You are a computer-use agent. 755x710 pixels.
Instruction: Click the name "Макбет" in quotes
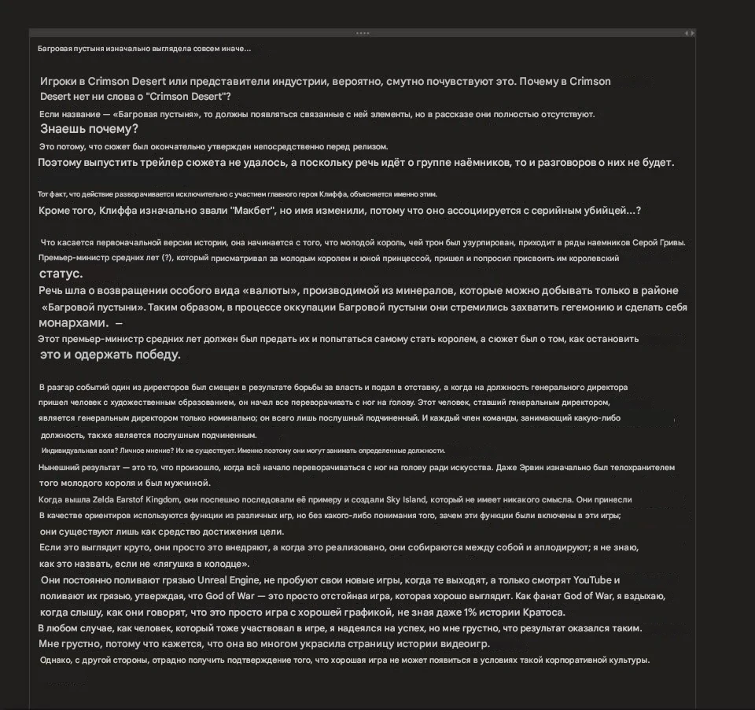(x=252, y=211)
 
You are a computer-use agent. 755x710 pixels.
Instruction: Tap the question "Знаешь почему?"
(x=89, y=130)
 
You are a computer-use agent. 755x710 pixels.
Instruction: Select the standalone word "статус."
(x=61, y=274)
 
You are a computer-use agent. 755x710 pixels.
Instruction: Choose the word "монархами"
(x=72, y=323)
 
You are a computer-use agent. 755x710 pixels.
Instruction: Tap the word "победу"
(x=157, y=355)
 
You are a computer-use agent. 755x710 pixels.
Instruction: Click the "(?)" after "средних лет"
(x=166, y=258)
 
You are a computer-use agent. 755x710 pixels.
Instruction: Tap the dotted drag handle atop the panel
(x=363, y=33)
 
